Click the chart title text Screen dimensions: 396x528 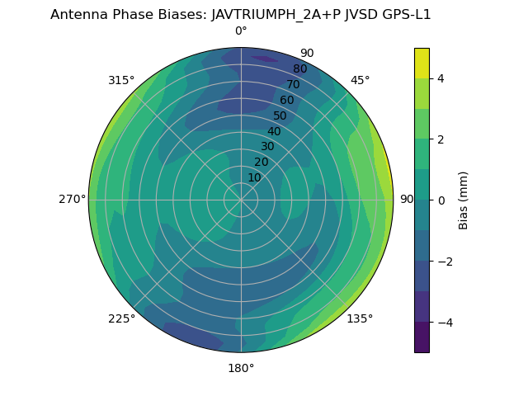(x=241, y=14)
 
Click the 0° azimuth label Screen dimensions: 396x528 (x=241, y=31)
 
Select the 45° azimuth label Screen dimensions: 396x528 (x=361, y=80)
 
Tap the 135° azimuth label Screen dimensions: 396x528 (x=360, y=319)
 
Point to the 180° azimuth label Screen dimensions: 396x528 (x=241, y=368)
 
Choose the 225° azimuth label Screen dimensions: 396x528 (x=121, y=319)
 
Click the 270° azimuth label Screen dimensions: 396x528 (x=73, y=200)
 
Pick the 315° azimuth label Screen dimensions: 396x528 (x=121, y=80)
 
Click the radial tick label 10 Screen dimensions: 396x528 (x=254, y=177)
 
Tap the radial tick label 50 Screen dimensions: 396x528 (x=280, y=116)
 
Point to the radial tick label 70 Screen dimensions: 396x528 (x=293, y=84)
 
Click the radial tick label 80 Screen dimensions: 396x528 (x=299, y=69)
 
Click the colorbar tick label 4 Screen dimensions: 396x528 (x=441, y=78)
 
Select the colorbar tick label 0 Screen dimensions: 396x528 (x=441, y=200)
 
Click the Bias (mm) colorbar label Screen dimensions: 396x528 (x=464, y=200)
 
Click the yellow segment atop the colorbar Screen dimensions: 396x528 (x=422, y=63)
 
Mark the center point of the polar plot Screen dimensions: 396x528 (x=241, y=200)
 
